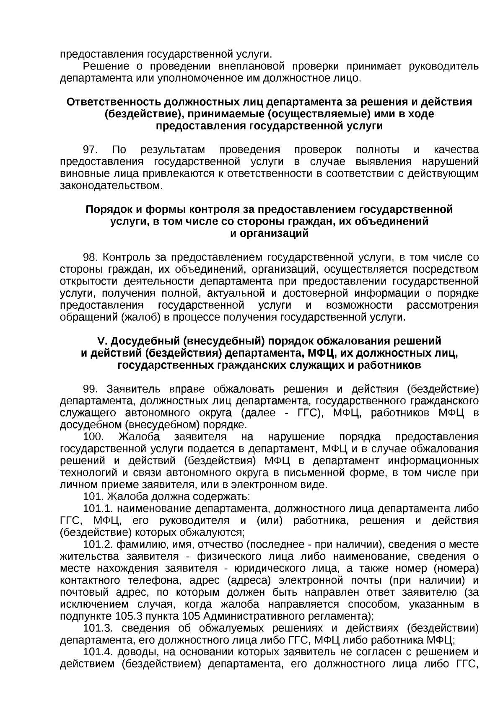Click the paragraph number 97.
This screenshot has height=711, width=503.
pyautogui.click(x=91, y=150)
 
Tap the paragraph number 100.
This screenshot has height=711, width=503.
pyautogui.click(x=93, y=437)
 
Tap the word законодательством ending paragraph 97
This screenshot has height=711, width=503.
pyautogui.click(x=111, y=186)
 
